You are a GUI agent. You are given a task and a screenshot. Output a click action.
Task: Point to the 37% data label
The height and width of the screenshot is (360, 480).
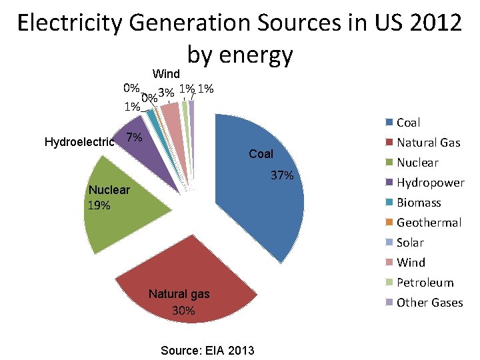(282, 175)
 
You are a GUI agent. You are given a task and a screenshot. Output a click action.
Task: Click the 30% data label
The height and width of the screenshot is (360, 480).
(183, 311)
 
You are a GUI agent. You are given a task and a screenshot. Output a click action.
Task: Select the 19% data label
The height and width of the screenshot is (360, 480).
(99, 205)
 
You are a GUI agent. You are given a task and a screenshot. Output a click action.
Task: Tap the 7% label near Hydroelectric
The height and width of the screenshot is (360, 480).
(134, 137)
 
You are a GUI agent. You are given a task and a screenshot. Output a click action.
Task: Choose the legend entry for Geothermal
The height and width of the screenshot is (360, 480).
(429, 223)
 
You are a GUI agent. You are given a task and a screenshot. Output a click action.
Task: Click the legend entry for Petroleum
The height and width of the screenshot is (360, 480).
(425, 283)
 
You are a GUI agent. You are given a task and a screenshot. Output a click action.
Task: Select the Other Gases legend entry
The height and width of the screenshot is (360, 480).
(429, 303)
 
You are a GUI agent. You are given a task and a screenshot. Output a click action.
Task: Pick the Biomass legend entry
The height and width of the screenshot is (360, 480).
(419, 203)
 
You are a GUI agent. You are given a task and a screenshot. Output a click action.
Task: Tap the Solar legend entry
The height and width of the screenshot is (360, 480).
(410, 243)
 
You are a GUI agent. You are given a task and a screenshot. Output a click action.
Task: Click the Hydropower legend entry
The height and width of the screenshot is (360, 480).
(430, 183)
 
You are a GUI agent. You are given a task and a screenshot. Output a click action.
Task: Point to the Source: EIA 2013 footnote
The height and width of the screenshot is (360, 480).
(207, 350)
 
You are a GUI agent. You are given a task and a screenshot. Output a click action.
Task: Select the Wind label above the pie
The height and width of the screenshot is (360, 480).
(166, 73)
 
